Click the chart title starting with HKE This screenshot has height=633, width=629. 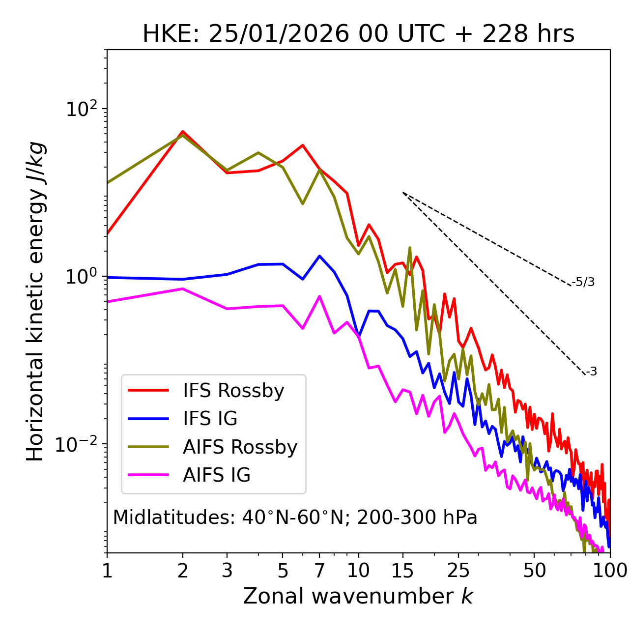coord(358,34)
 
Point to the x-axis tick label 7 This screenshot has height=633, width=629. coord(319,571)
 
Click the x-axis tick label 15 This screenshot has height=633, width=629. coord(403,571)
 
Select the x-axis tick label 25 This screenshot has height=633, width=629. coord(458,571)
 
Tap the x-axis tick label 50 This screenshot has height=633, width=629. coord(534,571)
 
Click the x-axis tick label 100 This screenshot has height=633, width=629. coord(609,571)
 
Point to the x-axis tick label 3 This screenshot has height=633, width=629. coord(227,571)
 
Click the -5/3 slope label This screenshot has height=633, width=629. coord(583,282)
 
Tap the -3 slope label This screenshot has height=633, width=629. coord(591,372)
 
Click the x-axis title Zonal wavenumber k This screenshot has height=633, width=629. coord(358,597)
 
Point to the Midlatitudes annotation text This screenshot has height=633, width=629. coord(295,518)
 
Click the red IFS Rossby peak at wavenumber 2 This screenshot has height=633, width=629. coord(183,132)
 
